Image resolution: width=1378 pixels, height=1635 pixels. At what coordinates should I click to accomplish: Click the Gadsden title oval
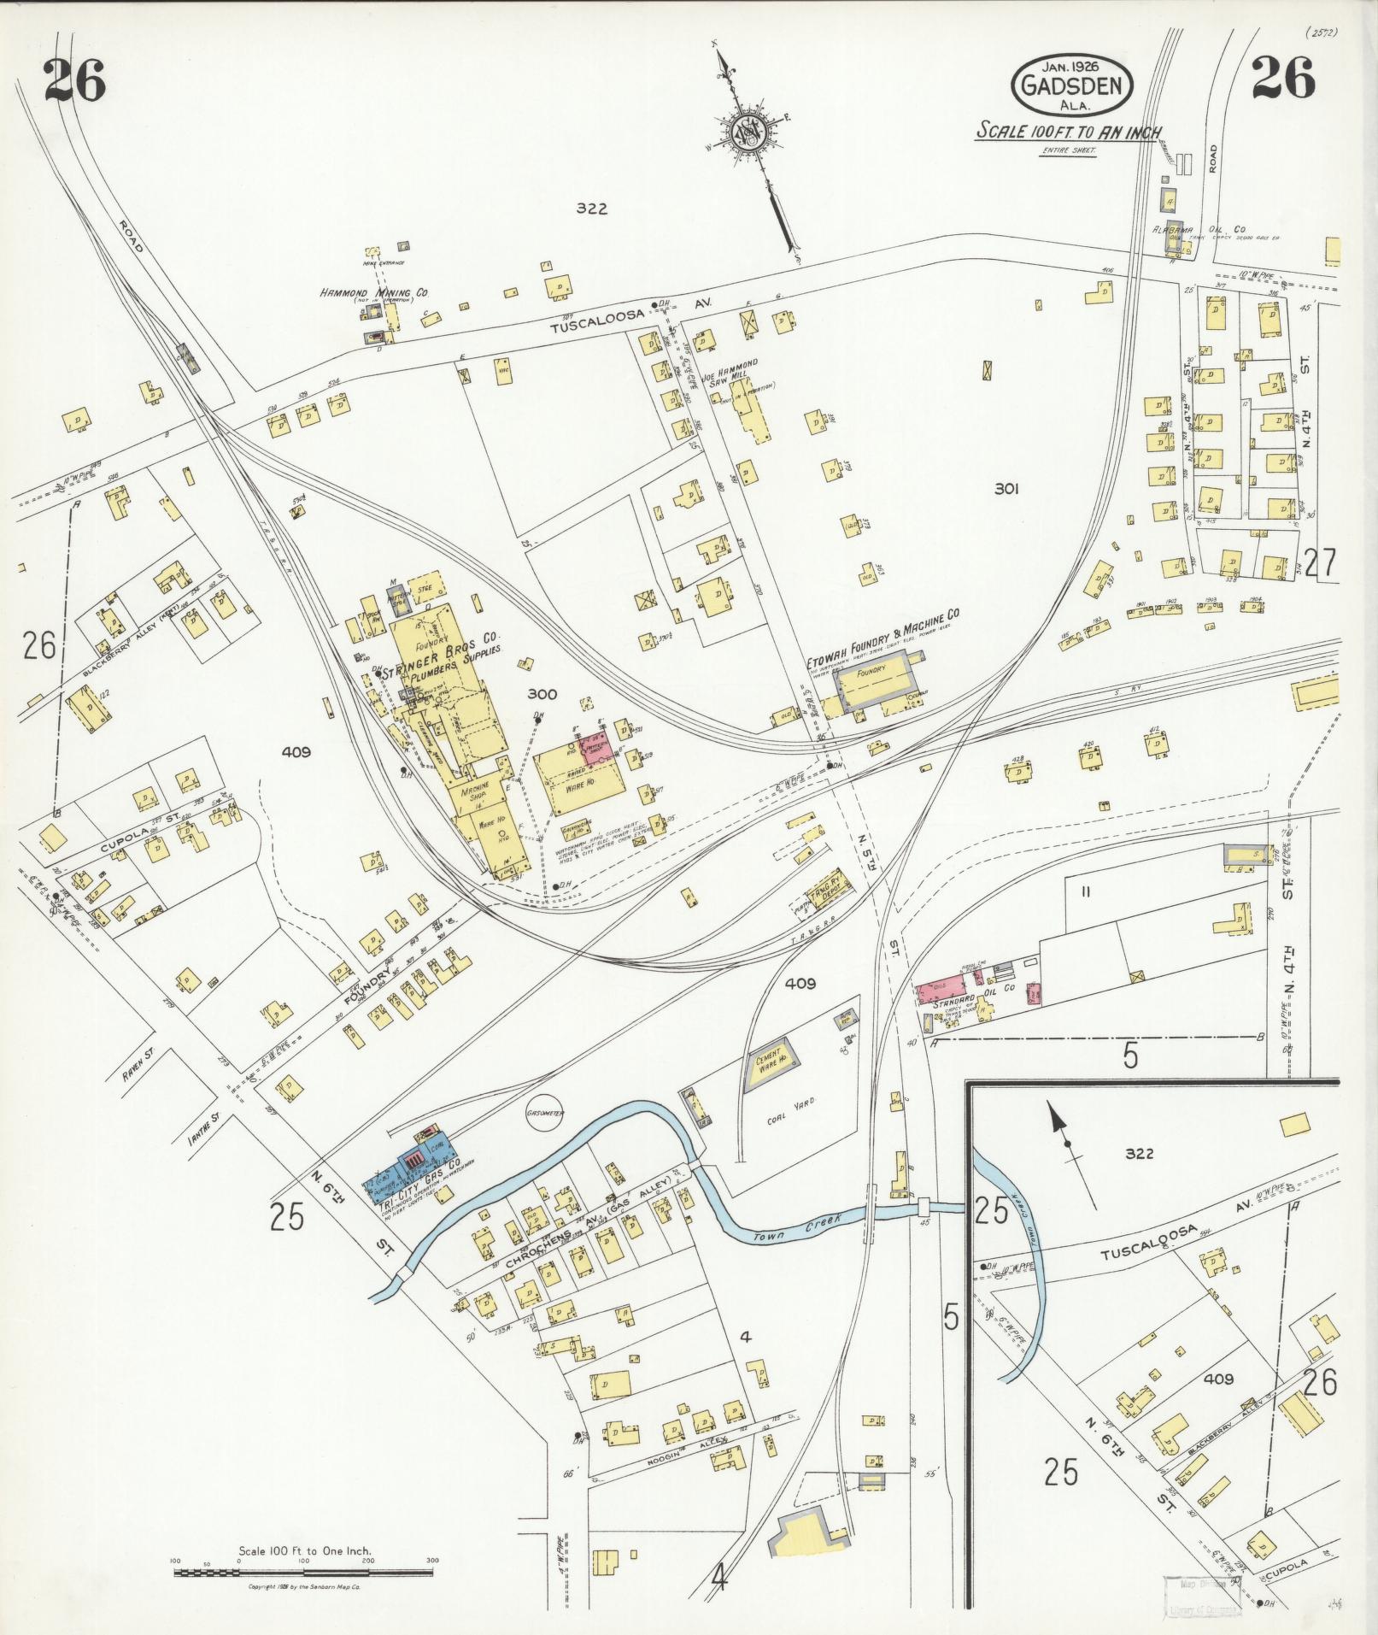(1072, 85)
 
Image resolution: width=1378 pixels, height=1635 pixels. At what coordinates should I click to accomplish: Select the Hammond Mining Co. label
(374, 293)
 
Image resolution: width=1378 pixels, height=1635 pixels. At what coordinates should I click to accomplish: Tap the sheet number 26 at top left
(74, 81)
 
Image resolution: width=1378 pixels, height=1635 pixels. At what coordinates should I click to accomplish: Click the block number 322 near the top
(590, 208)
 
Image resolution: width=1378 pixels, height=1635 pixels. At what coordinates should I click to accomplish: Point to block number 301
(1006, 490)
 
